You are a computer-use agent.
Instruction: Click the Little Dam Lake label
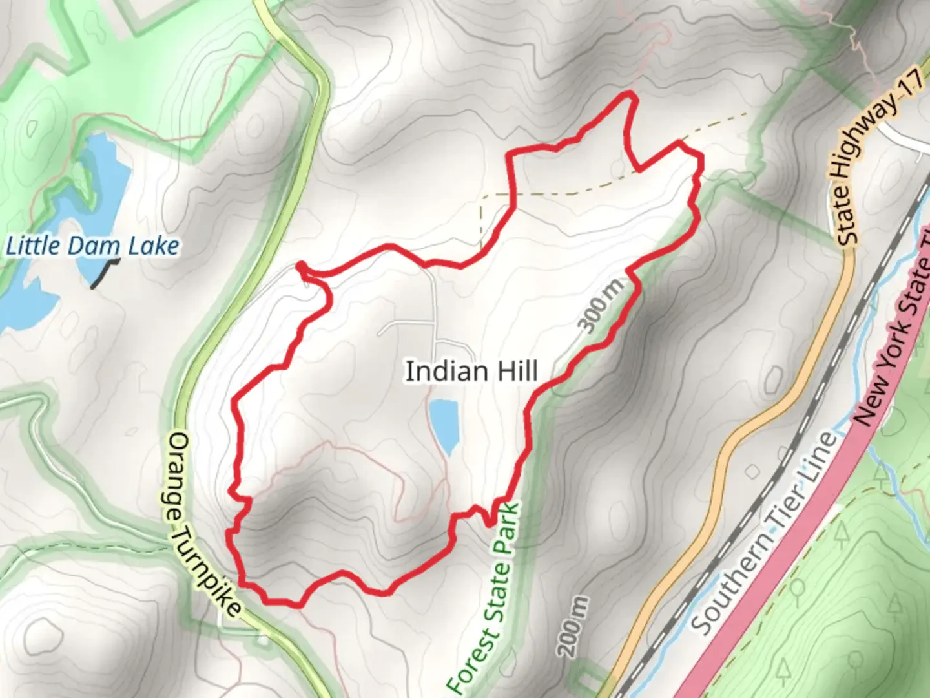(x=92, y=246)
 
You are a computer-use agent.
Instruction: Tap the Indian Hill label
(x=471, y=372)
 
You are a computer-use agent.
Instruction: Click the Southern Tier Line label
(x=762, y=534)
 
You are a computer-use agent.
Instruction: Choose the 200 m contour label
(x=574, y=626)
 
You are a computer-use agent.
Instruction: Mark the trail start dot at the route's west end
(x=301, y=266)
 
